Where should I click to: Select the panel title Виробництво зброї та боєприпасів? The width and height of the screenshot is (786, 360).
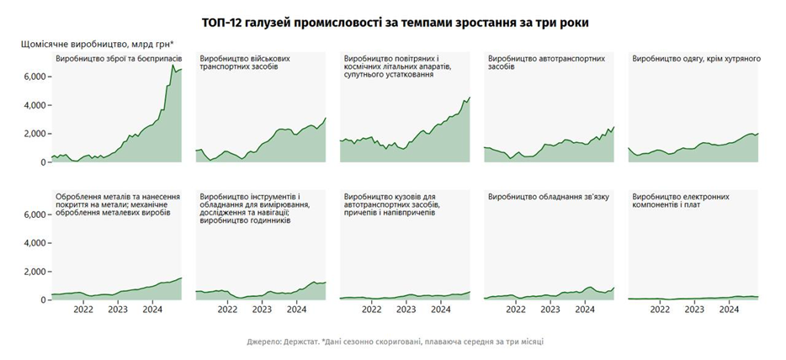[112, 59]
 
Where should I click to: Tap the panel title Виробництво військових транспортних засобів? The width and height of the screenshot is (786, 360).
[245, 63]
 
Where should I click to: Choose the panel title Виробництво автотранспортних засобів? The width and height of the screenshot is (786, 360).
[545, 63]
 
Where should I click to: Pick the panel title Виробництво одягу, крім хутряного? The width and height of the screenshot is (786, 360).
[696, 59]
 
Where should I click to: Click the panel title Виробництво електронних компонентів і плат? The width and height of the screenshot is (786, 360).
[681, 201]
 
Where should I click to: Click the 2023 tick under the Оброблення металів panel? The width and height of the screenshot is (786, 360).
[118, 309]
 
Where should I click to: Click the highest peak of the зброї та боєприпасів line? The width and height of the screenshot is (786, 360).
[173, 65]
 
